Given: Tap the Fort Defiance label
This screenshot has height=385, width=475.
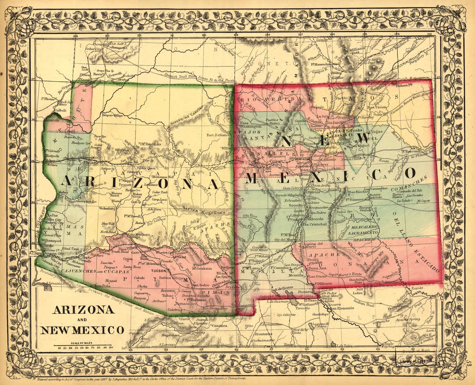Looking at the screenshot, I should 218,135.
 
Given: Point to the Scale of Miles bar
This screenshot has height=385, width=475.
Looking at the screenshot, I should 82,345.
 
